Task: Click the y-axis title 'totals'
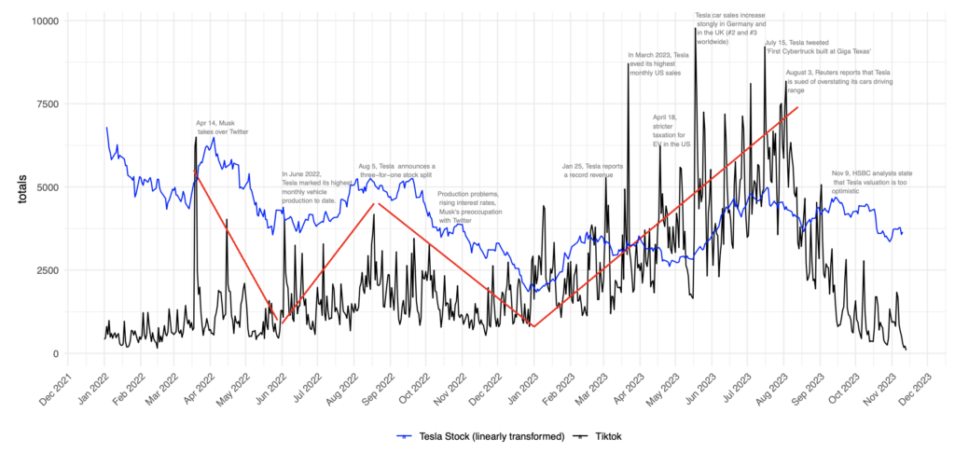click(x=21, y=186)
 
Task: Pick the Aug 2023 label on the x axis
click(x=770, y=389)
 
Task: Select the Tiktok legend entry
click(x=599, y=436)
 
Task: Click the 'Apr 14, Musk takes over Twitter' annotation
click(x=222, y=127)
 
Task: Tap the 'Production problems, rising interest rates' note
click(x=468, y=207)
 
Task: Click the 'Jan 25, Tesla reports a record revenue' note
click(x=592, y=170)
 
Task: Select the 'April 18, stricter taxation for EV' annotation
click(x=671, y=130)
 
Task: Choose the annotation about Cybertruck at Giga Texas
click(x=818, y=47)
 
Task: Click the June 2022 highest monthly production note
click(x=317, y=187)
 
